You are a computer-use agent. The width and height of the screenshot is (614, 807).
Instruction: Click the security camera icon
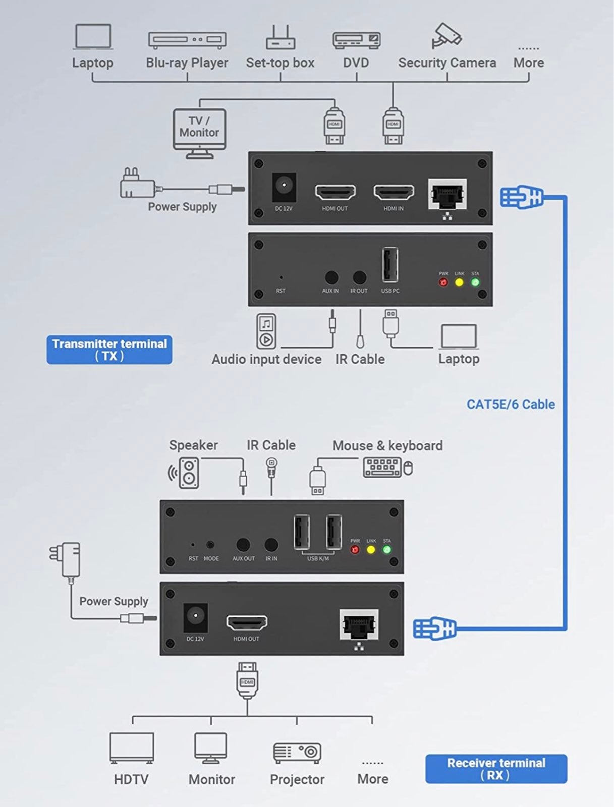tap(446, 36)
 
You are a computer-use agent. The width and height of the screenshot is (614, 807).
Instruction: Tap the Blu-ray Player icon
tap(187, 40)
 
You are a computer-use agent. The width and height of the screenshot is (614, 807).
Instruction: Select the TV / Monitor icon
tap(200, 134)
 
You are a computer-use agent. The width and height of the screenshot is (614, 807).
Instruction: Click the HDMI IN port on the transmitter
tap(394, 192)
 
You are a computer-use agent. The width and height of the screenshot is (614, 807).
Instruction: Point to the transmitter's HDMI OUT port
tap(335, 192)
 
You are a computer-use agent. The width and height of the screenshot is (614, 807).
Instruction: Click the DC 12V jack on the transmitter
tap(284, 187)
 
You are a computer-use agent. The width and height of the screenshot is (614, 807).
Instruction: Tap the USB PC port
tap(390, 265)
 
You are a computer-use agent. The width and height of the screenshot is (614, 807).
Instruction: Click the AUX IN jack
tap(331, 277)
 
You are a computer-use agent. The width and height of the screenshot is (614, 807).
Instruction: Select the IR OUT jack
tap(360, 277)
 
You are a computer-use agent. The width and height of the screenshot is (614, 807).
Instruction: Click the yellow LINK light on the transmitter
tap(459, 282)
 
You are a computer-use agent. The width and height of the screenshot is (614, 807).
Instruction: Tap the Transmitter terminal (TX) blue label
tap(109, 350)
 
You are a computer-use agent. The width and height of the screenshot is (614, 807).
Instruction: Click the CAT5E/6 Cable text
tap(511, 405)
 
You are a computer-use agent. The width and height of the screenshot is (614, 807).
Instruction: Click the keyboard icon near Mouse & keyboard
tap(382, 467)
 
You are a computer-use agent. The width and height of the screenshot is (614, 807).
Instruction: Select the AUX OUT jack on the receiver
tap(243, 545)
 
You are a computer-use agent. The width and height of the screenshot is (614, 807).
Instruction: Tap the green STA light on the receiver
tap(387, 550)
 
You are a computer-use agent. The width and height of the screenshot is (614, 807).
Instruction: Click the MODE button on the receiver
tap(210, 545)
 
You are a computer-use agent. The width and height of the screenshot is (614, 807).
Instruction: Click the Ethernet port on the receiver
tap(359, 624)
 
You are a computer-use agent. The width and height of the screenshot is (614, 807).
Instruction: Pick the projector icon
tap(297, 753)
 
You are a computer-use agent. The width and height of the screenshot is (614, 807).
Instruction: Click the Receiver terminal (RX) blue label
tap(496, 769)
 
